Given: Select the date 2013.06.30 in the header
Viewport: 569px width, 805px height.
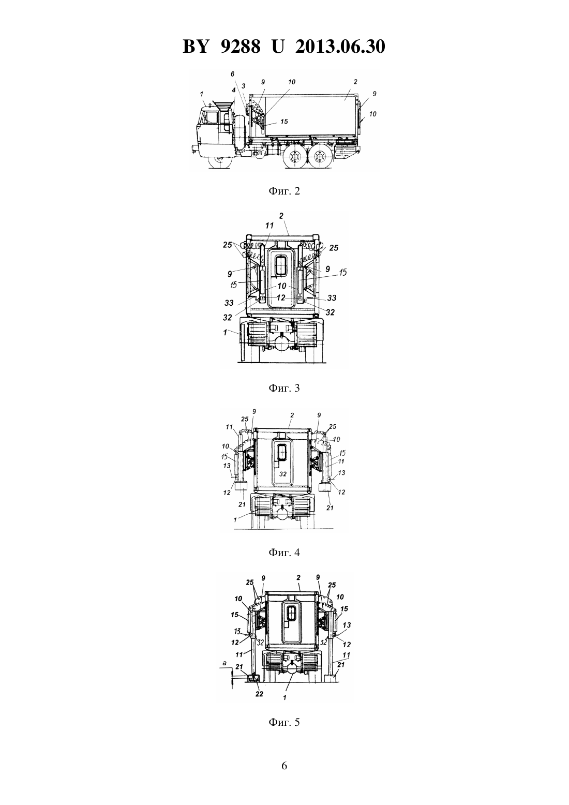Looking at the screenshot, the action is click(x=340, y=47).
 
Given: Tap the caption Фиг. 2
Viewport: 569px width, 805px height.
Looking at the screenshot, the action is click(x=284, y=191).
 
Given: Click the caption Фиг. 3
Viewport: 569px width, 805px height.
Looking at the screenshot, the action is click(x=284, y=388).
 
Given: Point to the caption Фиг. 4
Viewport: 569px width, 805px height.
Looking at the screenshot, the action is click(x=284, y=553).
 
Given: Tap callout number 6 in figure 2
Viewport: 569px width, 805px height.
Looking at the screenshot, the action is click(x=232, y=74).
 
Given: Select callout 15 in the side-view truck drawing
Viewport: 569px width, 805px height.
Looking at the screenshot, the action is click(x=284, y=122).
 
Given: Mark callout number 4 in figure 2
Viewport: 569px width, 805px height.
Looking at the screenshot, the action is click(x=233, y=90).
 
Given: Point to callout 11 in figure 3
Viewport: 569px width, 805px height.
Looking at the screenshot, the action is click(x=269, y=226).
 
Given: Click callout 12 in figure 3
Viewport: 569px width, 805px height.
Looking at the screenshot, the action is click(x=281, y=297).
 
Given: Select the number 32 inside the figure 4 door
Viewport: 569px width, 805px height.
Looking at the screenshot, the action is click(x=283, y=474).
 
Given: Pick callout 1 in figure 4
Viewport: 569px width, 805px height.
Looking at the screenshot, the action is click(x=235, y=519).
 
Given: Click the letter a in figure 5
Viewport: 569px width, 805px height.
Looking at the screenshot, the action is click(x=224, y=663).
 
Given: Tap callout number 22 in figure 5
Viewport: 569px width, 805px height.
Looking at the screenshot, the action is click(x=259, y=694).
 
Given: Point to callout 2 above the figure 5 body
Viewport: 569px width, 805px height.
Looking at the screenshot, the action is click(x=298, y=578).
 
